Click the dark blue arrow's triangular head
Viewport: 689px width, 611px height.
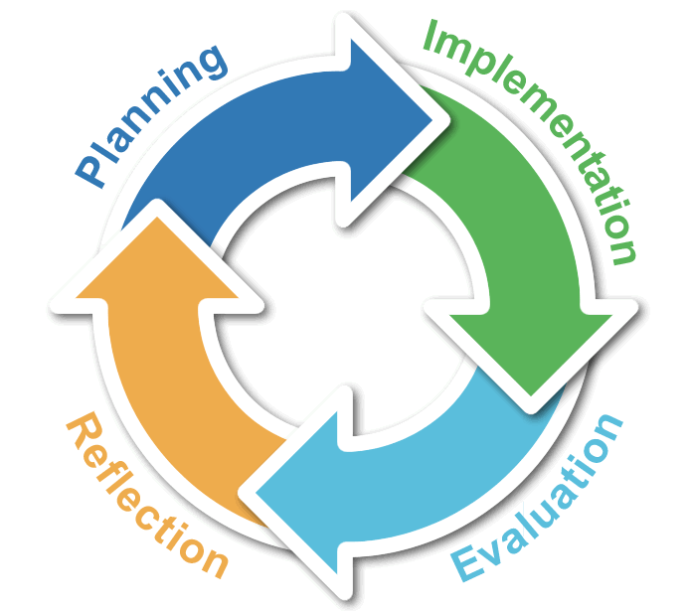click(391, 119)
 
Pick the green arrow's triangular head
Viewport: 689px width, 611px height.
click(531, 347)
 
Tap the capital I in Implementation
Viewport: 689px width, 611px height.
click(431, 35)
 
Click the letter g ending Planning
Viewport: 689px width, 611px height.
click(212, 63)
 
